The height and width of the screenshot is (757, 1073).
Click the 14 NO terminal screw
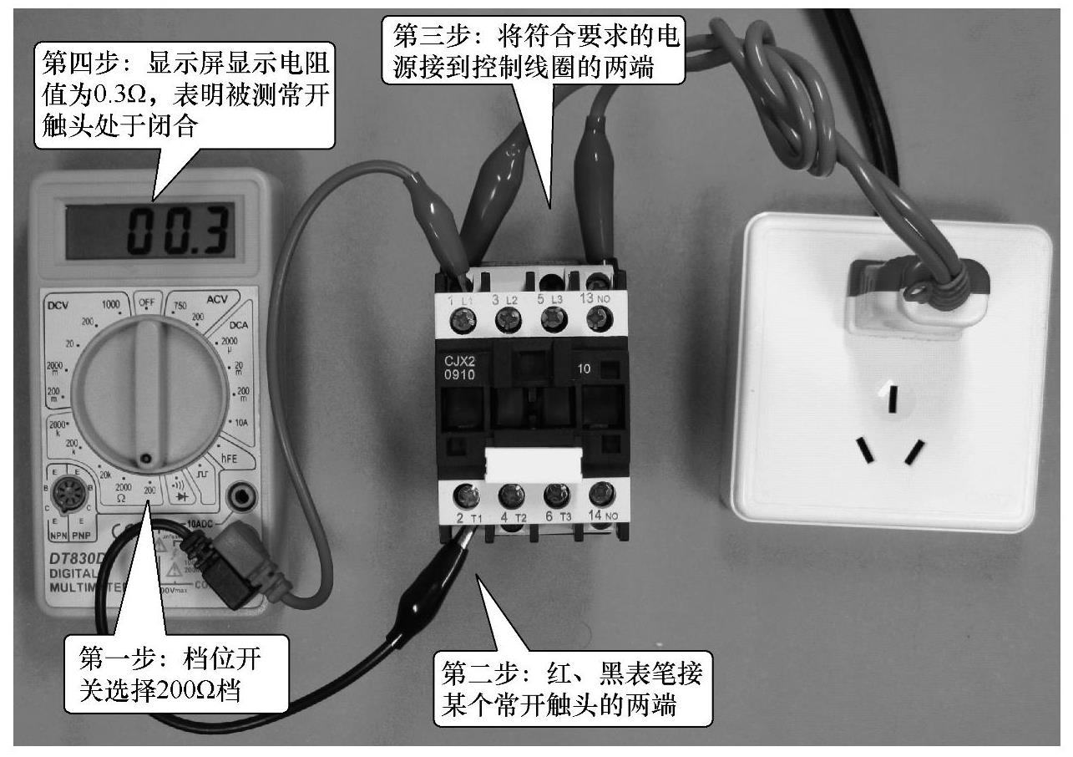(x=598, y=495)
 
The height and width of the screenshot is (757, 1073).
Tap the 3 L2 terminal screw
(x=508, y=318)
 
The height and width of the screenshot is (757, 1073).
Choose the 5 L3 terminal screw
(x=551, y=318)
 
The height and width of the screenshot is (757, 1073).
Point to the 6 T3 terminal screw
(x=553, y=496)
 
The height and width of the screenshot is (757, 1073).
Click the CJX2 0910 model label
(x=461, y=368)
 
